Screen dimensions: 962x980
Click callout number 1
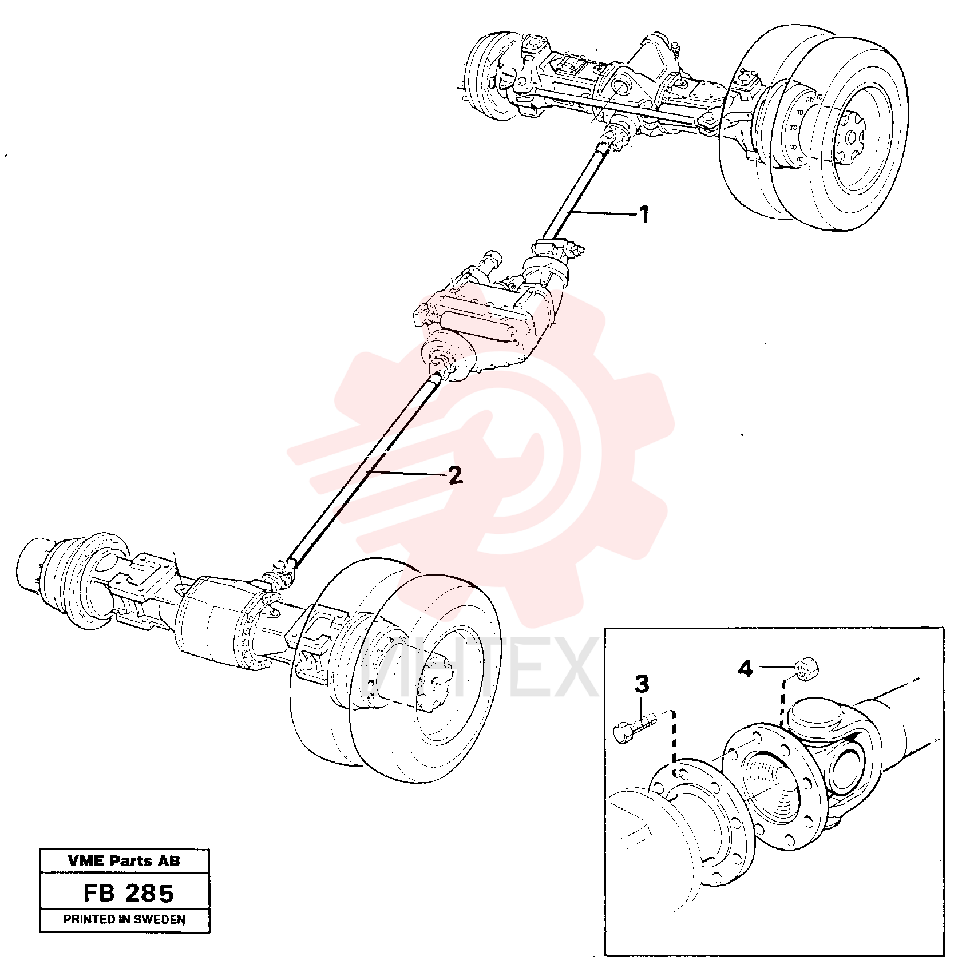coord(644,215)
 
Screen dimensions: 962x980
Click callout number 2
coord(455,475)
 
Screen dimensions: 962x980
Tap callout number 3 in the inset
coord(642,684)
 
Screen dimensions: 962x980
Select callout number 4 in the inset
coord(745,668)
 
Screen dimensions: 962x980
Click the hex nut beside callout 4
coord(805,668)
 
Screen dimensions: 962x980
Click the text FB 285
coord(128,893)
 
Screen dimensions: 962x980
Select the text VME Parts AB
coord(124,861)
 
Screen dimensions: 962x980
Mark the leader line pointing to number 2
coord(407,473)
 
